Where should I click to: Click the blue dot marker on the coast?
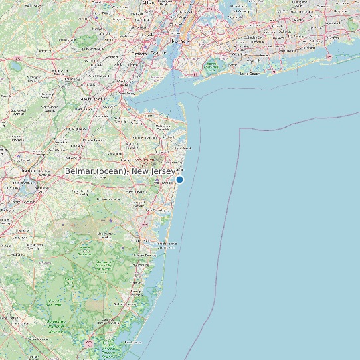coord(179,179)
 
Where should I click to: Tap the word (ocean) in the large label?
coord(112,172)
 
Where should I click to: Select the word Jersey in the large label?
coord(161,172)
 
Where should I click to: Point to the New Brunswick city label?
coord(94,99)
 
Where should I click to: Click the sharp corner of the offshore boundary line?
coord(239,127)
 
